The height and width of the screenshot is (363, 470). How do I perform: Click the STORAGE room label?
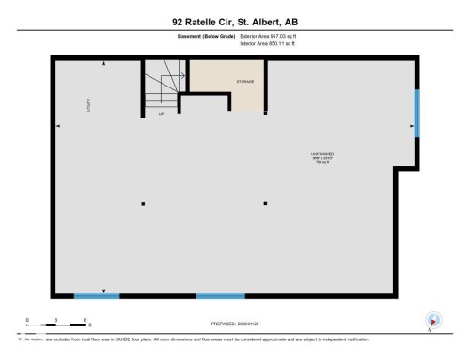tap(246, 82)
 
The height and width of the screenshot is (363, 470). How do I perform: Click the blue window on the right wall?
tap(416, 113)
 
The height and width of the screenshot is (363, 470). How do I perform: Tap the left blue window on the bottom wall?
tap(97, 296)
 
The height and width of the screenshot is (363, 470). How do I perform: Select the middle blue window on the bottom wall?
tap(221, 296)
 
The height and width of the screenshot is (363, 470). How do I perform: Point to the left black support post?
tap(144, 203)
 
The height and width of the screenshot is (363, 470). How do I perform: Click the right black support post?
tap(266, 203)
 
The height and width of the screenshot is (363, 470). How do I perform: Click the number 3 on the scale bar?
tap(57, 320)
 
